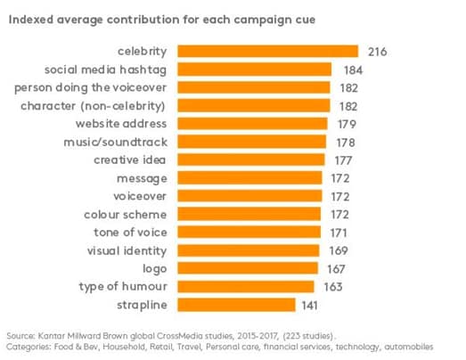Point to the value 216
click(x=378, y=52)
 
